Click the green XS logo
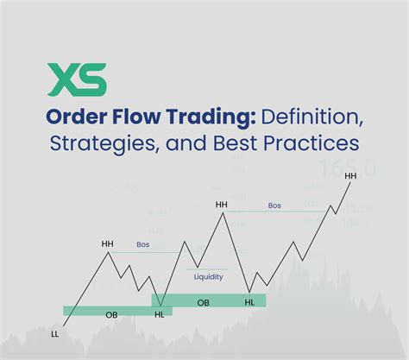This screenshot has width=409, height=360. coord(79,79)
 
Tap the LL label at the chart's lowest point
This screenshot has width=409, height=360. coord(55,333)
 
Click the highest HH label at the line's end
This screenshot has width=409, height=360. coord(349,176)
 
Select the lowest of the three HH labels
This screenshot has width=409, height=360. coord(107,243)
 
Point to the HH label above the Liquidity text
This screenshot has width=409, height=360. coord(222,205)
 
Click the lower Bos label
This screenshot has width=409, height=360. coord(143,244)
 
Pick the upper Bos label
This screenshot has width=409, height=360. coord(274,205)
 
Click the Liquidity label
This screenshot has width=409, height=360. coord(208,276)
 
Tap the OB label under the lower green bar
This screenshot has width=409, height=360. coord(111,315)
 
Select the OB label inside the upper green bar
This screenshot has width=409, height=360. coord(203,302)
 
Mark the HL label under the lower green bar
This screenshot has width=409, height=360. coord(159,315)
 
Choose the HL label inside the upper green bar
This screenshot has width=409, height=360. coord(249,302)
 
